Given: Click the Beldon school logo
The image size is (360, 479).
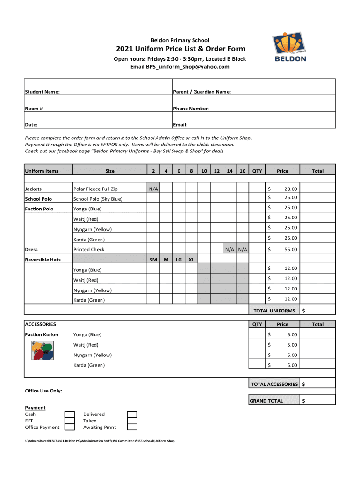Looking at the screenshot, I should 290,47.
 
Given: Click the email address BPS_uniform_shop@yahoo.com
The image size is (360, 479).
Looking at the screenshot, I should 180,67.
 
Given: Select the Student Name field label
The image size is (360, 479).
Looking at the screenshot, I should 42,92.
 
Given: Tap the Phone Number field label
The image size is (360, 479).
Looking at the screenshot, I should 191,109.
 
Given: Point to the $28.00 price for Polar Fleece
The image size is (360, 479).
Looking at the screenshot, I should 282,189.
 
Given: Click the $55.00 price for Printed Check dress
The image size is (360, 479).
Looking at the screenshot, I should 282,250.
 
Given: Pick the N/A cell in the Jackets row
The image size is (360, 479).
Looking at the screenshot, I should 153,189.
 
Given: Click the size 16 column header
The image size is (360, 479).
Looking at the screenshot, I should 242,171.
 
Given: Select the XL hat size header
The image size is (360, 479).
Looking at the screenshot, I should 192,260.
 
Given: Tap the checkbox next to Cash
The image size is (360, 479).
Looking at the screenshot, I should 70,414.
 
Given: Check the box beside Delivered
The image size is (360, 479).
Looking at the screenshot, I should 132,414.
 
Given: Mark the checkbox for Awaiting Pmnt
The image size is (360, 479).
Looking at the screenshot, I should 132,427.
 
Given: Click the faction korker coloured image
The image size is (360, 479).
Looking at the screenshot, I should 43,350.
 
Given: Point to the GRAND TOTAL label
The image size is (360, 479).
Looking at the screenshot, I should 266,401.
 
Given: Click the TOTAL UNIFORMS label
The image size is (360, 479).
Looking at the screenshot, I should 274,311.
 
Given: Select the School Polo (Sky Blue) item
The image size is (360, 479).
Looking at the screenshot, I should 98,199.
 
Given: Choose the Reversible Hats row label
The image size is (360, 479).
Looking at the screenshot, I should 43,260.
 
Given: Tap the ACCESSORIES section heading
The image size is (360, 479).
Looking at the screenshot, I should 41,324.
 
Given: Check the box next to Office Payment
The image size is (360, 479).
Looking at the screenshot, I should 70,427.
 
